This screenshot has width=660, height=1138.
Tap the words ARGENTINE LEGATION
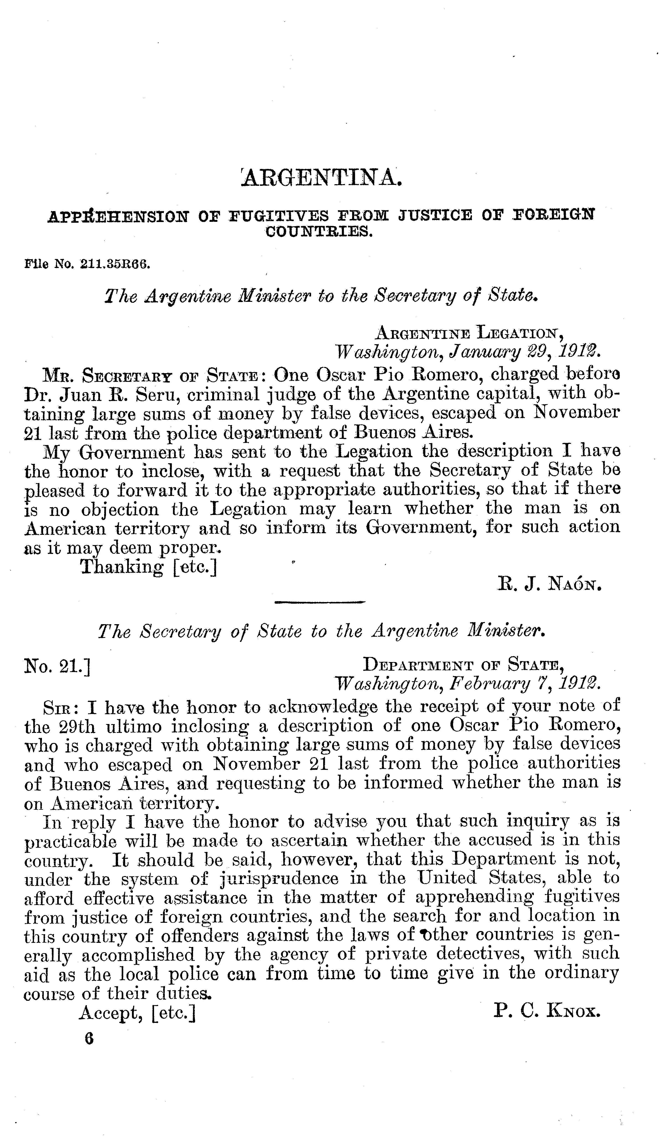coord(469,333)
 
